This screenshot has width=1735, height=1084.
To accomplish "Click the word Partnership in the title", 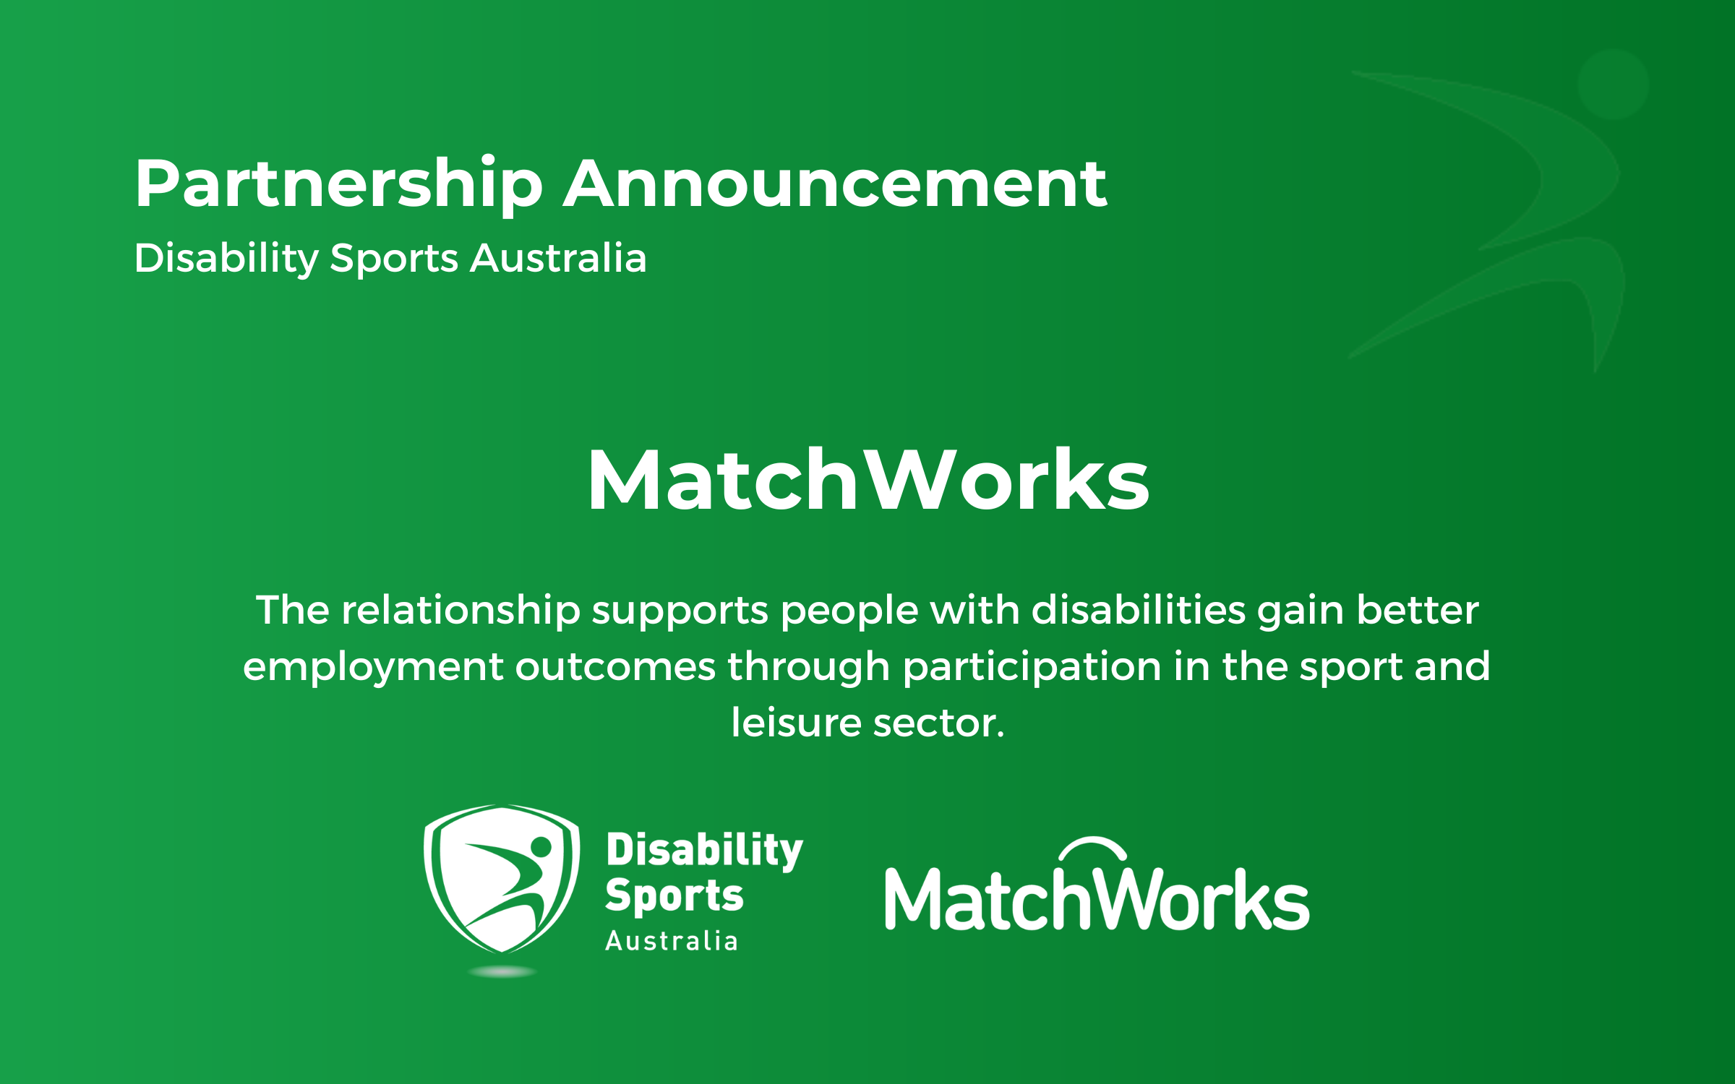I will tap(338, 185).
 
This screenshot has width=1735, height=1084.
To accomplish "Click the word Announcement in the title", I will tap(834, 185).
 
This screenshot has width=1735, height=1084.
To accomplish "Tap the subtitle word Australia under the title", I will tap(557, 258).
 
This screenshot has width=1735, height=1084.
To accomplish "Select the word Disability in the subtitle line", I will tap(226, 258).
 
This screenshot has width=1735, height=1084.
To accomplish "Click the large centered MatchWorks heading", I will tap(867, 481).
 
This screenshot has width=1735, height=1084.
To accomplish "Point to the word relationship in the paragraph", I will tap(460, 610).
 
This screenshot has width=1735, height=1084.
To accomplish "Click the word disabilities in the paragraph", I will tap(1138, 610).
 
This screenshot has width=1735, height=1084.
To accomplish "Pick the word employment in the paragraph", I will tap(372, 666).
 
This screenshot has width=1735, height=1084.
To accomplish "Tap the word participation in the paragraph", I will tap(1032, 666).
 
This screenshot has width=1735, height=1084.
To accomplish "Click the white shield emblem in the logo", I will tap(501, 878).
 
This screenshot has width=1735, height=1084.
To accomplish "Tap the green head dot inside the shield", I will tap(541, 846).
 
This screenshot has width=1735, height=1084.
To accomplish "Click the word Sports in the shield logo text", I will tap(674, 896).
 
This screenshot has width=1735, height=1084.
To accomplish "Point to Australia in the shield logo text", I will tap(672, 941).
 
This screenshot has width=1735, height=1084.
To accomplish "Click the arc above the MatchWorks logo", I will tap(1093, 844).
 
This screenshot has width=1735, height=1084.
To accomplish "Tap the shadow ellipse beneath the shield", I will tap(502, 972).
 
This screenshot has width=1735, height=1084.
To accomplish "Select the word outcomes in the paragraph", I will tap(614, 666).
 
